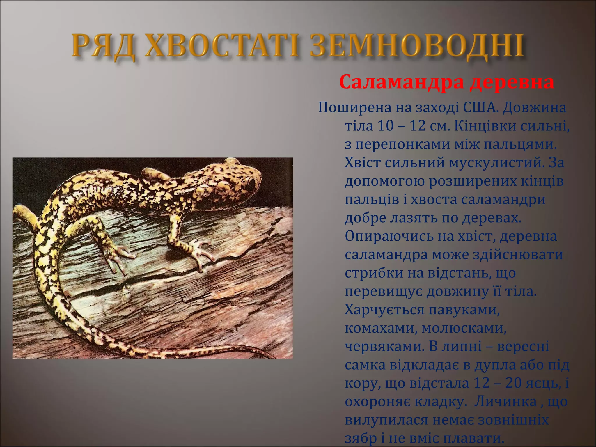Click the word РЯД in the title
click(103, 47)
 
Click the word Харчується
click(384, 310)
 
